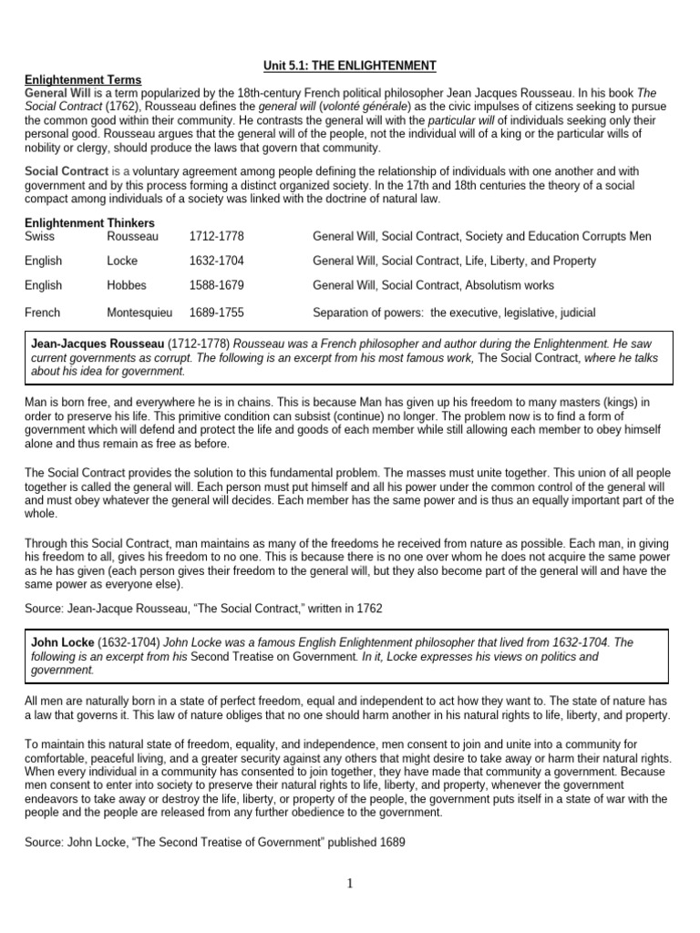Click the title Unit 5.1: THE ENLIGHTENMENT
point(351,65)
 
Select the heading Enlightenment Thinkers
point(89,223)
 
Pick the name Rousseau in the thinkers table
point(133,236)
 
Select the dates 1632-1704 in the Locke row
point(216,261)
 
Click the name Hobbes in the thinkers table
point(127,285)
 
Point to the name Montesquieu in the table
point(139,313)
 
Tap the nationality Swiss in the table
point(40,236)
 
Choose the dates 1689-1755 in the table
point(216,313)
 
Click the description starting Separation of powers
point(454,313)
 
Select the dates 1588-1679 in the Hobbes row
point(216,285)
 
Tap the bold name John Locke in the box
point(62,642)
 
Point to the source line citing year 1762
point(180,607)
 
